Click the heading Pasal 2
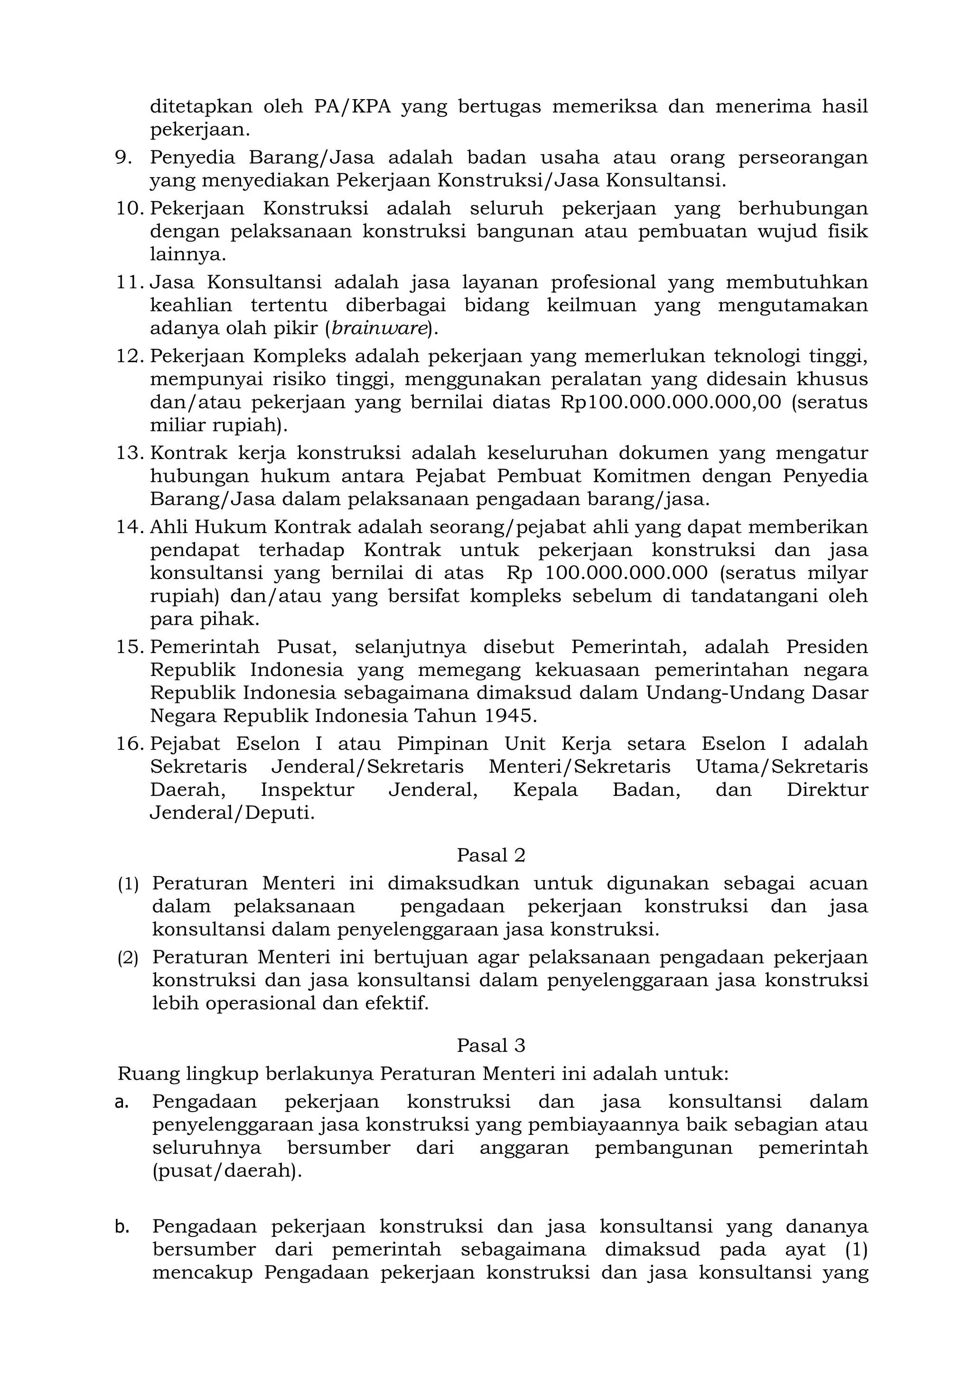pyautogui.click(x=490, y=855)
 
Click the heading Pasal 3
pyautogui.click(x=490, y=1045)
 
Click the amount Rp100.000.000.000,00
pyautogui.click(x=670, y=402)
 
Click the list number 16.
pyautogui.click(x=130, y=744)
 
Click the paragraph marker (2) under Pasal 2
pyautogui.click(x=128, y=958)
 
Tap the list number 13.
pyautogui.click(x=130, y=453)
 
